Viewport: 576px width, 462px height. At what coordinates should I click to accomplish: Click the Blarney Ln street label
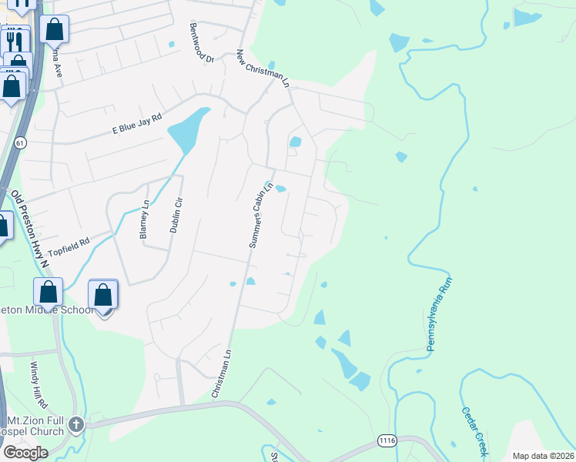[x=144, y=220]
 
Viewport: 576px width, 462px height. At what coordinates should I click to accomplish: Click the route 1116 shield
[x=387, y=440]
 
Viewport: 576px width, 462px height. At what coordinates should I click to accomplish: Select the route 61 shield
[x=20, y=142]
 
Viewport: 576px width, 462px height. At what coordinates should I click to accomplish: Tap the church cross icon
[x=75, y=424]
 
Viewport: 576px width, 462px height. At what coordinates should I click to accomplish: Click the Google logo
[x=25, y=453]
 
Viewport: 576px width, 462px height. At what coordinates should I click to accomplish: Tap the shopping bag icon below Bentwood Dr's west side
[x=54, y=31]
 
